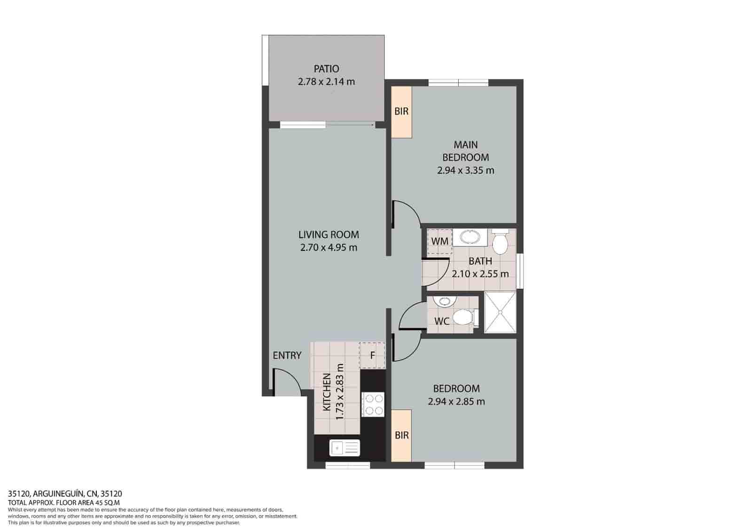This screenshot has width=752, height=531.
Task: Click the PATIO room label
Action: pos(326,69)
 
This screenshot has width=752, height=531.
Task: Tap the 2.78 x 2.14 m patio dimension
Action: pos(326,82)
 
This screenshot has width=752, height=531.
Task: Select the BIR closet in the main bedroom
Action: pos(401,112)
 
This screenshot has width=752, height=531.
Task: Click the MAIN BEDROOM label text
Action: pos(465,151)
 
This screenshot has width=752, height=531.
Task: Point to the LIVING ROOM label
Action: pos(329,234)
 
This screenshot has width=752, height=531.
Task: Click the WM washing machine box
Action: pos(439,241)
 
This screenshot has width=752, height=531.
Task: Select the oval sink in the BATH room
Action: pos(469,238)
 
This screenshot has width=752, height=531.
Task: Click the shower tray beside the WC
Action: pos(500,312)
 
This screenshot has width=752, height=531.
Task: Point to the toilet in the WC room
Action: pos(464,317)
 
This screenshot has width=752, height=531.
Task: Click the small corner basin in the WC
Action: pos(442,301)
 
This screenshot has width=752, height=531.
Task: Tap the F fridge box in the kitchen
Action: pos(372,355)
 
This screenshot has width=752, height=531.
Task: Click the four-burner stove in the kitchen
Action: pos(373,404)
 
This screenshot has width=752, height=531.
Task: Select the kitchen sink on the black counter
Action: pos(345,448)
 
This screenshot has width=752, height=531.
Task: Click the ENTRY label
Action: pos(287,355)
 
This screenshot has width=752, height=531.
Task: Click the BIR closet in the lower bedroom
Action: pos(401,436)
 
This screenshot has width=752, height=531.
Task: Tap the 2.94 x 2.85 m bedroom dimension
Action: pos(456,402)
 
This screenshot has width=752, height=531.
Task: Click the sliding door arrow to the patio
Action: pos(350,125)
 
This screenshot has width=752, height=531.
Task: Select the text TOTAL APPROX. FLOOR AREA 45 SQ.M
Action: pos(63,502)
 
